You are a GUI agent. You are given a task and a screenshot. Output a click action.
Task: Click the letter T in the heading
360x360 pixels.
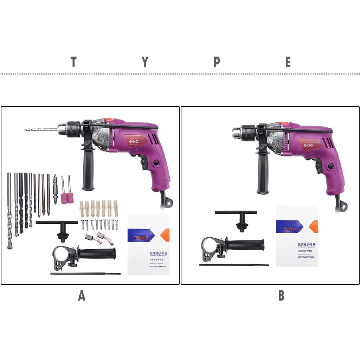click(73, 62)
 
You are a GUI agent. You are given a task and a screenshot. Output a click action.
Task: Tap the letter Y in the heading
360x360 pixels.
click(145, 62)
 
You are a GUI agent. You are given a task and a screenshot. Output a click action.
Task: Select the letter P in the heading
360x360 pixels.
click(217, 62)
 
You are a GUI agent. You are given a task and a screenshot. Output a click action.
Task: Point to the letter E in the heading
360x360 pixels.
click(288, 62)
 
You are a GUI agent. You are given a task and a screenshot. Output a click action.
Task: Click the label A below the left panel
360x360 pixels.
click(82, 296)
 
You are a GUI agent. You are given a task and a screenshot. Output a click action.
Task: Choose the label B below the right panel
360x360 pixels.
click(281, 296)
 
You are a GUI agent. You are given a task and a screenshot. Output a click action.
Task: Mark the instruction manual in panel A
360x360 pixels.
click(148, 244)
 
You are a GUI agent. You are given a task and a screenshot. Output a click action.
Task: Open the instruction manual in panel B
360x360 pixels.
click(297, 236)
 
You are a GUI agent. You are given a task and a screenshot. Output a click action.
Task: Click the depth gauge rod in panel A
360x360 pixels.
click(85, 274)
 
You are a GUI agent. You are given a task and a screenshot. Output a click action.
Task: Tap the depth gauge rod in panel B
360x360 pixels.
click(234, 265)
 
